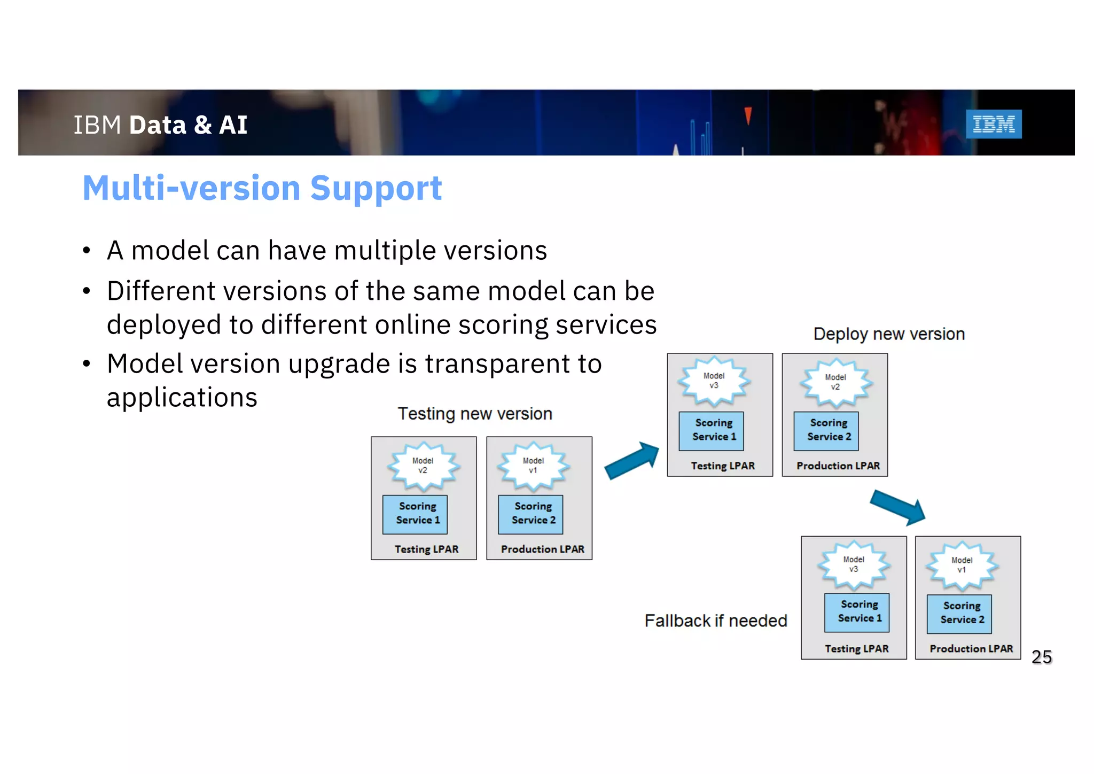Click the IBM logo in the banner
[993, 124]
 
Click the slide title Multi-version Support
[262, 188]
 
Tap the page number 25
[1041, 656]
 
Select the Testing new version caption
[474, 414]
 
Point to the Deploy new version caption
[888, 334]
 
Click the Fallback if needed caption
[715, 621]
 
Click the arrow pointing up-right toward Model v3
[632, 460]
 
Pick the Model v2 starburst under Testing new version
[423, 466]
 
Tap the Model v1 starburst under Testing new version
[533, 466]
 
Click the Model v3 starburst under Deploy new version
[714, 381]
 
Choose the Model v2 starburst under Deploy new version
[835, 383]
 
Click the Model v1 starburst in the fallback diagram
[962, 566]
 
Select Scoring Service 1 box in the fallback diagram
[857, 612]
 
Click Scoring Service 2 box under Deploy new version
[826, 430]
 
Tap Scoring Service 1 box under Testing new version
[415, 514]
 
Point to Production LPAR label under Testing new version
[542, 549]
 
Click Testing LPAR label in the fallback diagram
[856, 648]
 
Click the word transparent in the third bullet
[497, 364]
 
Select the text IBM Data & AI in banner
[160, 125]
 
